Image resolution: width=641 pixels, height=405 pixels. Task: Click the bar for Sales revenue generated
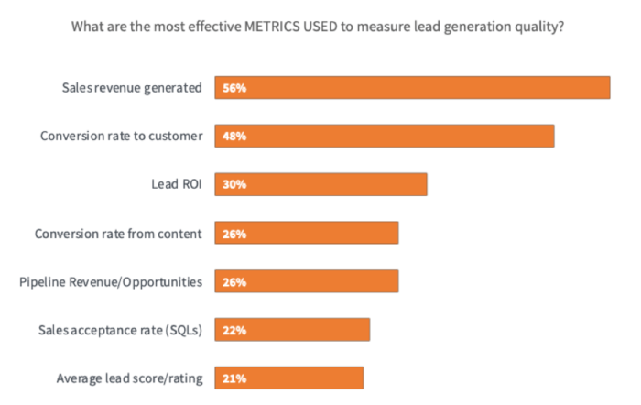(412, 87)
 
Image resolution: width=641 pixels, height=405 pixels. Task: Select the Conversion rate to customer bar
(385, 136)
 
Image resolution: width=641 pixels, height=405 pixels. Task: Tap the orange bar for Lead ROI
(320, 184)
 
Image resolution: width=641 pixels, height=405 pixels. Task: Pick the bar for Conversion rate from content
(307, 233)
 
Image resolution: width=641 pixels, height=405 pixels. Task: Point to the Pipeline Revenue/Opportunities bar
(307, 281)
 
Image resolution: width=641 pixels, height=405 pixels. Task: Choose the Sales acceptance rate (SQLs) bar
(292, 329)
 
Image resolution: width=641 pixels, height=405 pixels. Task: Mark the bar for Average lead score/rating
(289, 378)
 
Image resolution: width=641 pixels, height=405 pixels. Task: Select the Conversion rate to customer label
(121, 136)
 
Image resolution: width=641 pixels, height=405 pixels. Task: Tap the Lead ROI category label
(176, 184)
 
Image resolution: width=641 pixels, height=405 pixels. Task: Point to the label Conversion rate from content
(118, 233)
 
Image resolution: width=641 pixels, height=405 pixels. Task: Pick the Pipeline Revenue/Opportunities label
(111, 281)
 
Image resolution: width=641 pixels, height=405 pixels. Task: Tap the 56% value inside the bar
(234, 88)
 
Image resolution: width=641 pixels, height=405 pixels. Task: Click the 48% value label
(234, 136)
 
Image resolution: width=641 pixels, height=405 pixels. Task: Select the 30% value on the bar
(234, 184)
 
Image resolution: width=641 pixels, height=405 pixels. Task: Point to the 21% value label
(234, 378)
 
